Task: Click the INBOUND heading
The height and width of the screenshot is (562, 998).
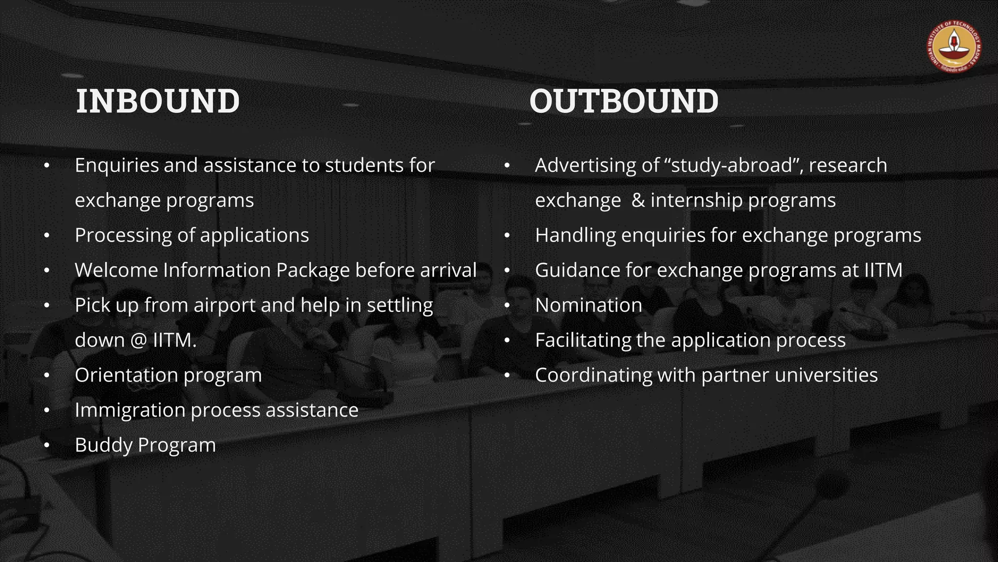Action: pyautogui.click(x=157, y=101)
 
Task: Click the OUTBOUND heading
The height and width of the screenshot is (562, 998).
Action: pyautogui.click(x=623, y=101)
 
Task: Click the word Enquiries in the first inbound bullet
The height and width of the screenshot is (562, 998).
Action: pyautogui.click(x=117, y=165)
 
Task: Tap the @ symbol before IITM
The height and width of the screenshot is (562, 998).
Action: pyautogui.click(x=139, y=341)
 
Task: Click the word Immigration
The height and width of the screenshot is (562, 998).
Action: pyautogui.click(x=130, y=410)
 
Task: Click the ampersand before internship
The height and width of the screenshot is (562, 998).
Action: pyautogui.click(x=638, y=201)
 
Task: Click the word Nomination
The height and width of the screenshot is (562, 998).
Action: pyautogui.click(x=588, y=305)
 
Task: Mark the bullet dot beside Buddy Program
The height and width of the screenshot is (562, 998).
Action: pyautogui.click(x=47, y=445)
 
